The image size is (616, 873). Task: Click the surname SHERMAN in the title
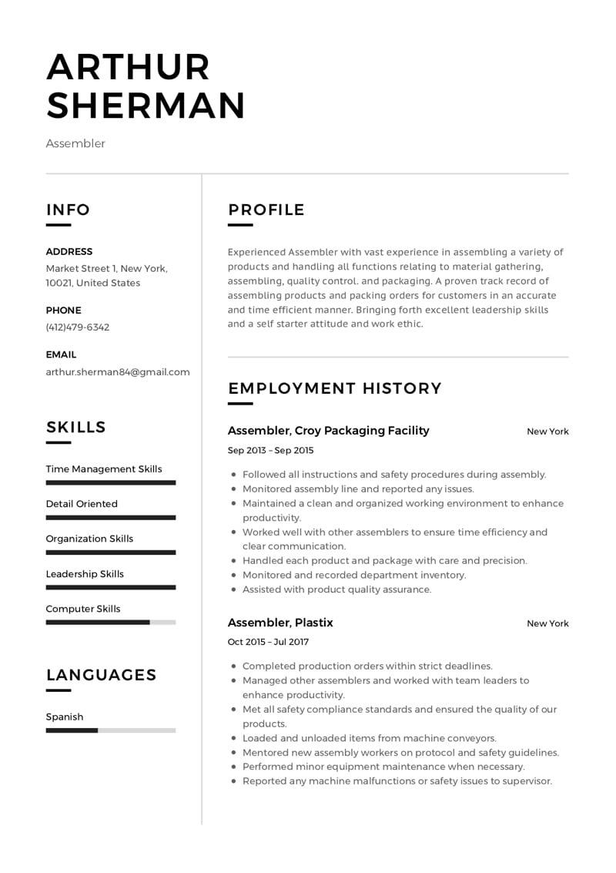click(x=146, y=106)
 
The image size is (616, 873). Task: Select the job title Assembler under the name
click(x=75, y=143)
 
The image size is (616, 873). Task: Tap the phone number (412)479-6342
click(x=78, y=327)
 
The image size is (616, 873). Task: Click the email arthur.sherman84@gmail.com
click(x=118, y=371)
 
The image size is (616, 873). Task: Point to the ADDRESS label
click(x=69, y=251)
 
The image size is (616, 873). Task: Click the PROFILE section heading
click(x=266, y=210)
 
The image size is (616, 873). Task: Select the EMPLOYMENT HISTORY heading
click(x=335, y=388)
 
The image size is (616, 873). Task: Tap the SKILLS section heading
click(x=76, y=428)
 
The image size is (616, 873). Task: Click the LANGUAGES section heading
click(x=101, y=675)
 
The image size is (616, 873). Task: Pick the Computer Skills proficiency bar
click(x=111, y=622)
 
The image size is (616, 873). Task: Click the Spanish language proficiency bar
click(x=111, y=730)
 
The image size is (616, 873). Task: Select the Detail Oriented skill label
click(x=82, y=504)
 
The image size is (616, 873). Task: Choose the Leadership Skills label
click(x=85, y=574)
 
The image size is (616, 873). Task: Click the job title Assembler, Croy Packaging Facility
click(x=329, y=431)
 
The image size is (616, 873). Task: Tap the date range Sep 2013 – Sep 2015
click(x=271, y=450)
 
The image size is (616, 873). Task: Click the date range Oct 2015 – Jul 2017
click(x=268, y=641)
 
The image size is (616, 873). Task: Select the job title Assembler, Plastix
click(x=280, y=623)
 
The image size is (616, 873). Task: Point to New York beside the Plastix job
click(x=547, y=623)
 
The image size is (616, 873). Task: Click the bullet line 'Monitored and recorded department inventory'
click(x=354, y=575)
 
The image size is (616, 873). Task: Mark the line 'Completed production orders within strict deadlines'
click(x=367, y=666)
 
